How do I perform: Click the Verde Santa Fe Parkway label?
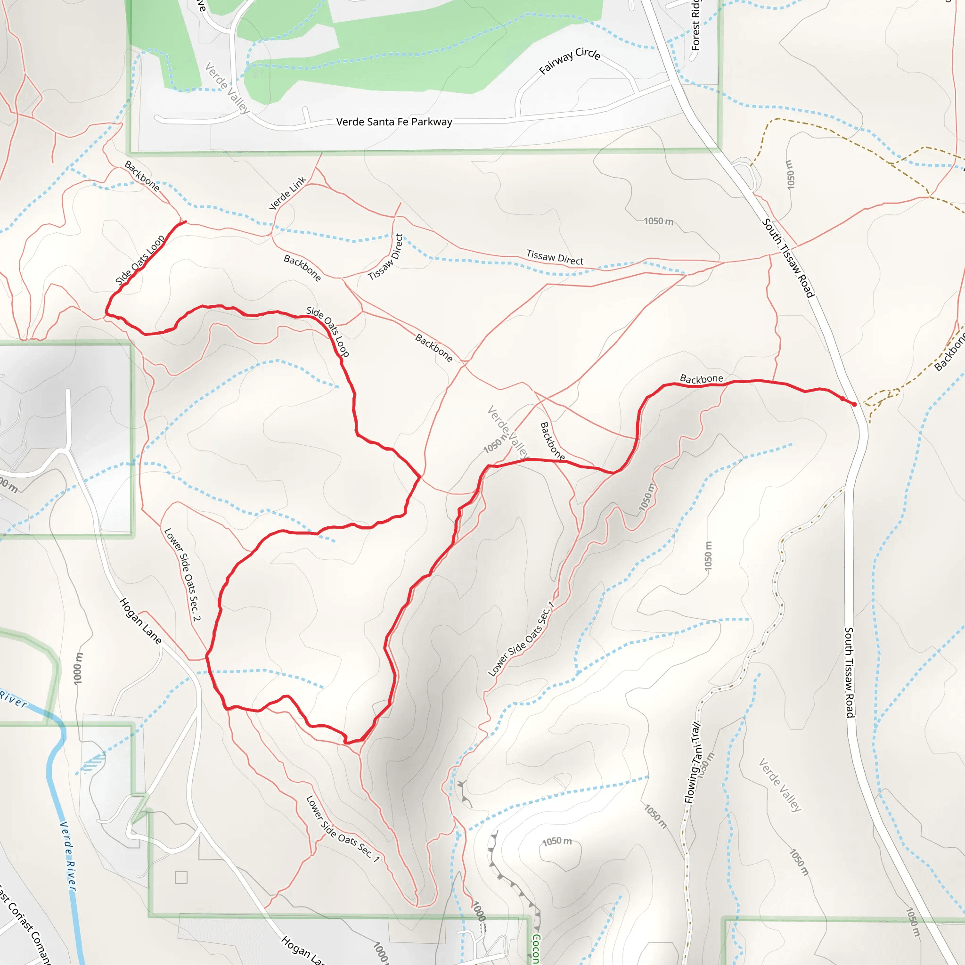[394, 122]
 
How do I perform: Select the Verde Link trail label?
[287, 193]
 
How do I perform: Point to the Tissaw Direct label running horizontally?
[555, 257]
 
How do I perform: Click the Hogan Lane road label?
[140, 621]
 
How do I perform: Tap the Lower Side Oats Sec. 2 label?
[182, 574]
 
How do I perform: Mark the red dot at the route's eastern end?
[854, 404]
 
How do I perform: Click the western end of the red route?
[185, 222]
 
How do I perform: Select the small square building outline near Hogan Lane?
[181, 877]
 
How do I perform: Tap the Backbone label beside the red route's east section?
[701, 379]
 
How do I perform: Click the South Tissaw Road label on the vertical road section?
[849, 672]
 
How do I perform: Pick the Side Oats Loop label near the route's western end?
[140, 260]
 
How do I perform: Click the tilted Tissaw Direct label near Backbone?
[385, 257]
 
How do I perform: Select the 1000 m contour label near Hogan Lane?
[78, 668]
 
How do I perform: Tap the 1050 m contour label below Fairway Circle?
[658, 221]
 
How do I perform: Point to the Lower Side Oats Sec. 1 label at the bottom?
[343, 829]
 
